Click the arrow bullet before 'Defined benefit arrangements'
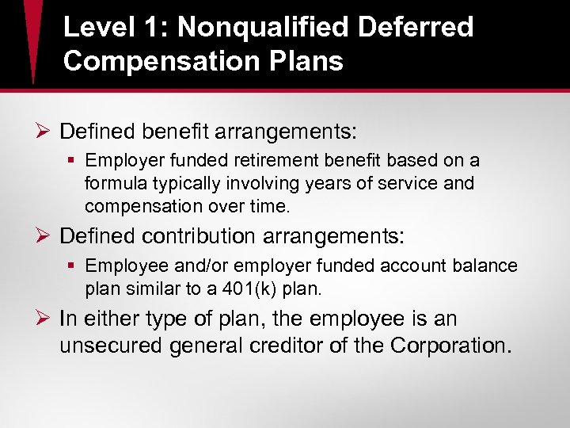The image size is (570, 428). [x=44, y=129]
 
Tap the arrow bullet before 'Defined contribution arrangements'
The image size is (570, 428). [x=44, y=236]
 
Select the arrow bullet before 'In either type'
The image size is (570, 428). [x=44, y=319]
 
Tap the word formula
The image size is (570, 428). [x=114, y=184]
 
